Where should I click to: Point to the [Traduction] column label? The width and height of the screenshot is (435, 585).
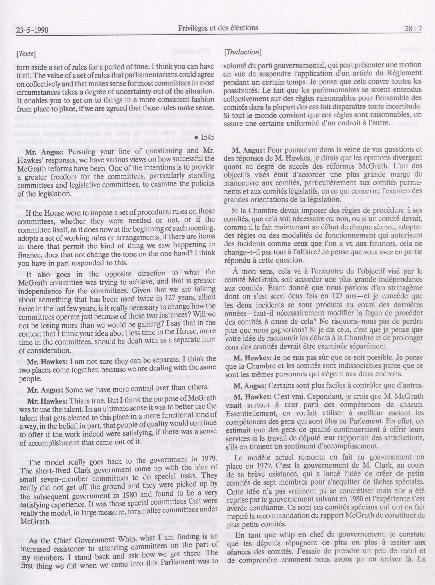243,52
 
